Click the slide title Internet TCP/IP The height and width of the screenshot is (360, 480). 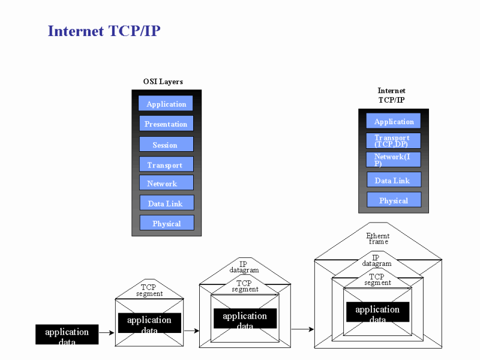point(104,31)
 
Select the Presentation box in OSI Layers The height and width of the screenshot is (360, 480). point(166,124)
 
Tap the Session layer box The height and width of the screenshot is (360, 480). point(166,144)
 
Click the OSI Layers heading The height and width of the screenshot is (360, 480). point(163,82)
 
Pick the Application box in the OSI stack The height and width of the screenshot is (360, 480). point(166,103)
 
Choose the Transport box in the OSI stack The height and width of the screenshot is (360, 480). point(166,164)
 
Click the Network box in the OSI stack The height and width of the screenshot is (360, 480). point(166,183)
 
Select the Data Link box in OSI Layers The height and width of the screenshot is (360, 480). point(167,203)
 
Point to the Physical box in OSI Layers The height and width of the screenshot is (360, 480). point(167,223)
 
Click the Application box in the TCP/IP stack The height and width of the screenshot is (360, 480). point(394,121)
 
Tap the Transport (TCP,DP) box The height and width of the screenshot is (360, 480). point(394,140)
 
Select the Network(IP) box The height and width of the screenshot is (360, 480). point(394,160)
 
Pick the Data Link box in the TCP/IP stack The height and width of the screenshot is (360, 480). point(394,180)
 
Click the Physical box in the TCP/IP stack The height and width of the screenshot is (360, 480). point(394,200)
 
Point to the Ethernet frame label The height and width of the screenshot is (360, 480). point(378,238)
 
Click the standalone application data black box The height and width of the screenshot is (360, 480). point(67,334)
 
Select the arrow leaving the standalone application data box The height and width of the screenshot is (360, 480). point(106,332)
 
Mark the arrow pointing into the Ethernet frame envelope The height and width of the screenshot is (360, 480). point(302,329)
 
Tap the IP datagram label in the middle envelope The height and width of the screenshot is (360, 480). point(244,267)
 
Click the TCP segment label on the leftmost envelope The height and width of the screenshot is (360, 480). point(149,290)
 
